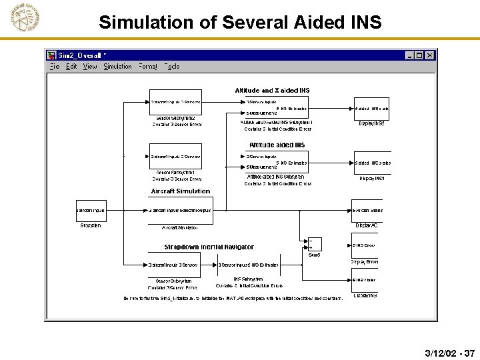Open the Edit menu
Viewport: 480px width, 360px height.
71,67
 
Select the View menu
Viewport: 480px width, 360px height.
90,67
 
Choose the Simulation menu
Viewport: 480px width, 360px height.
118,67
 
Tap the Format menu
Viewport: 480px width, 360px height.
148,67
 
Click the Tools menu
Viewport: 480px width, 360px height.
172,67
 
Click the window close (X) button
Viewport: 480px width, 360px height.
430,56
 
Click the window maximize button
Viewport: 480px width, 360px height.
419,56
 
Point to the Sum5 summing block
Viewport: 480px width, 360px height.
313,245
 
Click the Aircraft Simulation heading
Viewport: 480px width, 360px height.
180,191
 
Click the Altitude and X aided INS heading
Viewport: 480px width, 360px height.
272,91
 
